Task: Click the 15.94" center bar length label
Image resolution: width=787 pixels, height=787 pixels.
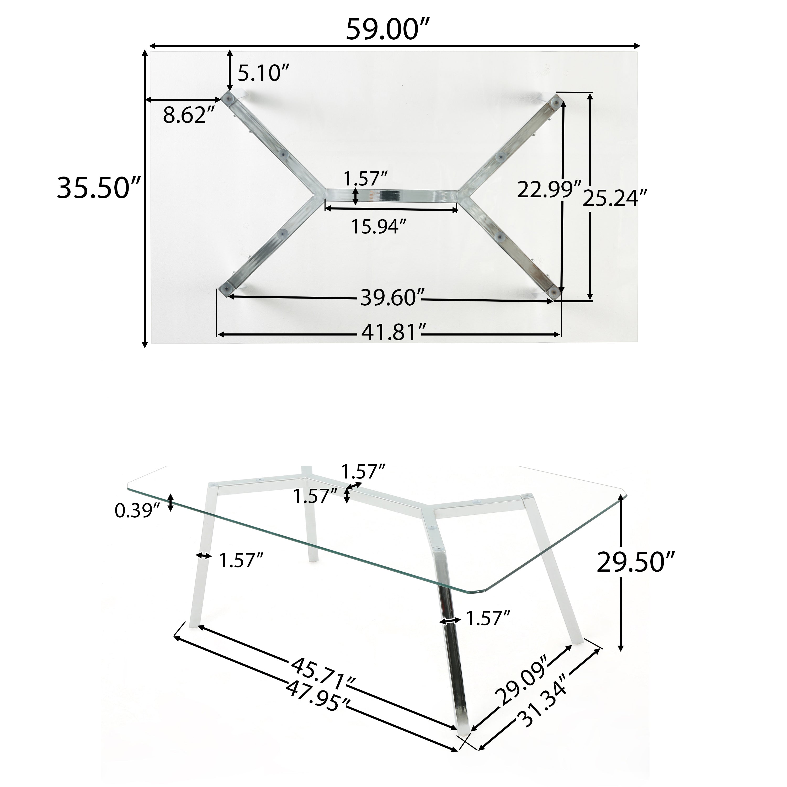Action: coord(379,226)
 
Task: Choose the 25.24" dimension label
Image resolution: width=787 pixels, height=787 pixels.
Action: coord(614,198)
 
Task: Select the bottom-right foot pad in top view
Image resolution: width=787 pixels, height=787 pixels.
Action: coord(554,290)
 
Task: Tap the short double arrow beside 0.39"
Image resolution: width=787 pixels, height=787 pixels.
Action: coord(171,502)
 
